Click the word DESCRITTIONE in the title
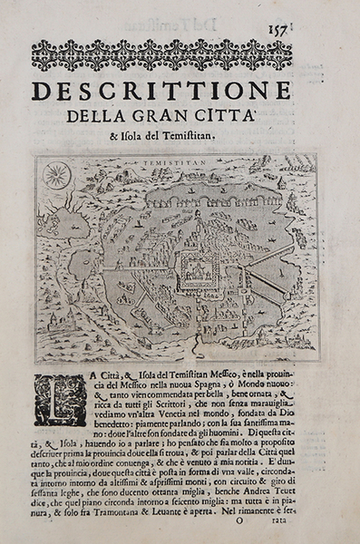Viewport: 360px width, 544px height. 161,92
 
